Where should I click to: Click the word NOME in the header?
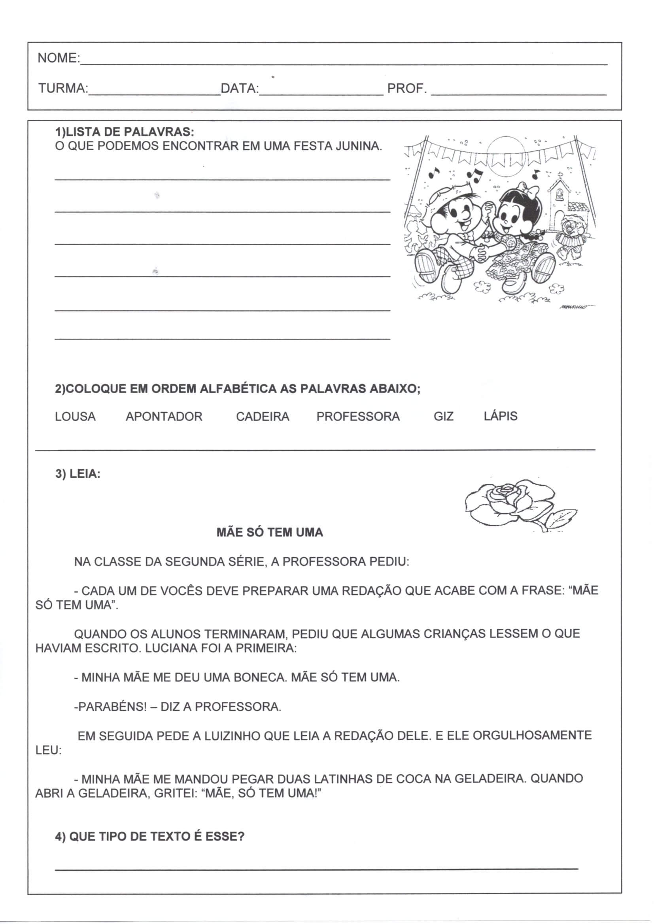pos(58,58)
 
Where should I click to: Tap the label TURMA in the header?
pos(63,88)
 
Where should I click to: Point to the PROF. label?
pos(407,88)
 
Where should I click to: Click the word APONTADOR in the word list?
pos(164,417)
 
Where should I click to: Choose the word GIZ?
pos(443,417)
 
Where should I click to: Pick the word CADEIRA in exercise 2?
pos(263,417)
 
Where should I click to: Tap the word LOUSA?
pos(75,417)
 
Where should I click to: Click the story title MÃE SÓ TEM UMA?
pos(270,533)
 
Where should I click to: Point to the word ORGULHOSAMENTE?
pos(532,735)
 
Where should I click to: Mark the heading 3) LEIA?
pos(78,474)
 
